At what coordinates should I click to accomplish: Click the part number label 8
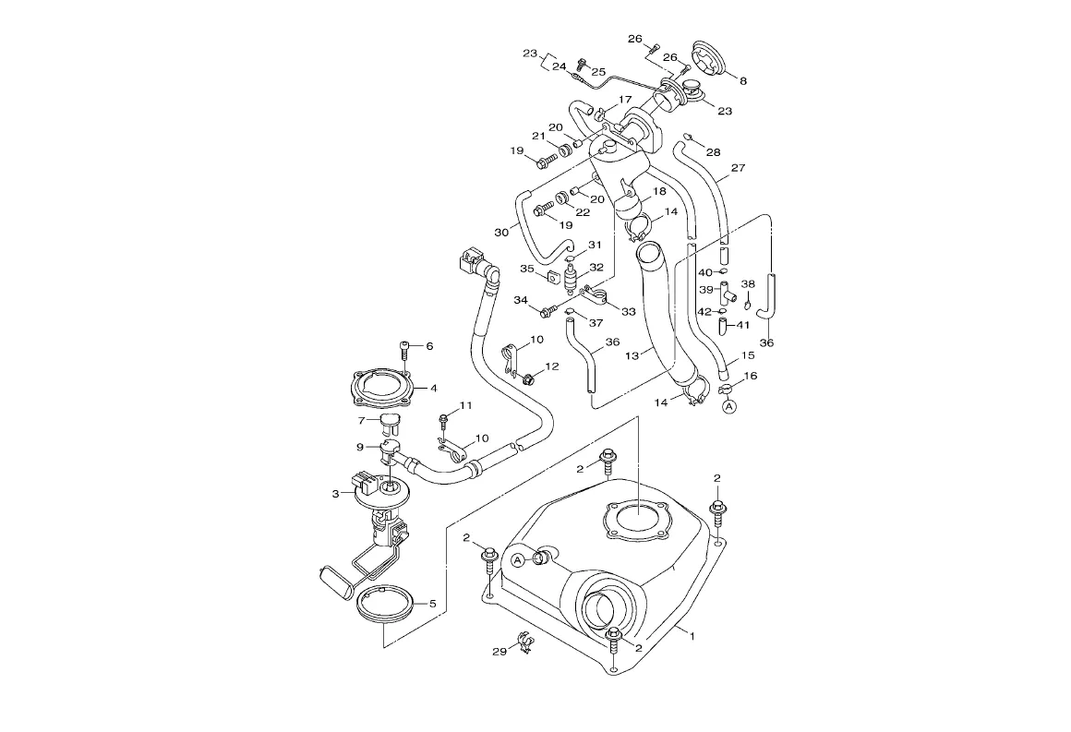coord(743,80)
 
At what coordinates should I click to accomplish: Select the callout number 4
coord(433,389)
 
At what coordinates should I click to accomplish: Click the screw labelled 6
coord(405,348)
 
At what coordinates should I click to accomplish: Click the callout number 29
coord(500,652)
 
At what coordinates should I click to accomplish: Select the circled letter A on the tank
coord(518,560)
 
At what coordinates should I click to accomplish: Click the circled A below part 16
coord(730,407)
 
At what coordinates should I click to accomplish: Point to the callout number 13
coord(632,355)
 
